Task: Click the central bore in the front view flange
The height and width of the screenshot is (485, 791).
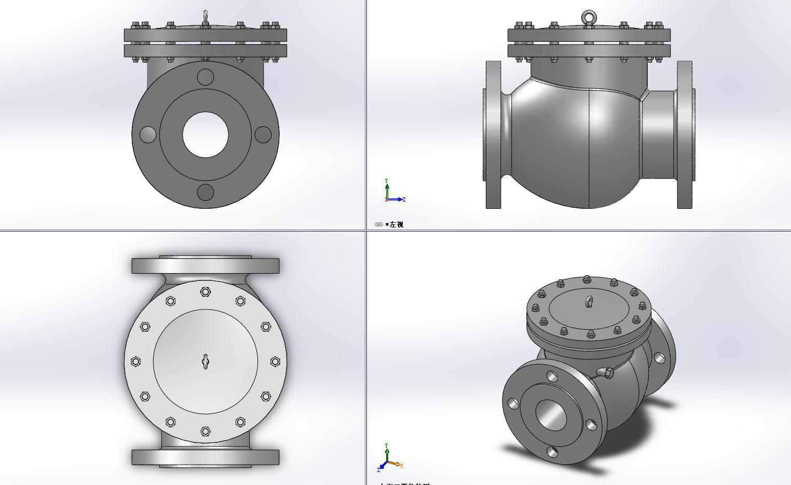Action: click(x=206, y=134)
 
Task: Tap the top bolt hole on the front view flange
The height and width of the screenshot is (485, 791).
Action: click(x=206, y=77)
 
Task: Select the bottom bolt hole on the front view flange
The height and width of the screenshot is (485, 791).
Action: click(x=206, y=192)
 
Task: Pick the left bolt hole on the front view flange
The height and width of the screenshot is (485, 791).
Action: click(x=148, y=134)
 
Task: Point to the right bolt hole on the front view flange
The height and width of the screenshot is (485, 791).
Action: click(x=263, y=134)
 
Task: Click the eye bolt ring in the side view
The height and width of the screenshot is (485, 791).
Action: click(x=589, y=18)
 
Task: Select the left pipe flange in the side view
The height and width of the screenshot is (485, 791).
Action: click(x=493, y=135)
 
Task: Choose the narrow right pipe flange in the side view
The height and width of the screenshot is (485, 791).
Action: click(x=685, y=135)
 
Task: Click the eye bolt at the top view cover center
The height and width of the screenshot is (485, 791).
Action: click(x=206, y=361)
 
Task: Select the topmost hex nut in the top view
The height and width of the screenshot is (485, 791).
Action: click(x=206, y=292)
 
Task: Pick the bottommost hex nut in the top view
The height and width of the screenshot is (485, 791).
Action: click(x=206, y=432)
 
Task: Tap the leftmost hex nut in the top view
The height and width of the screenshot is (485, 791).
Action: click(x=136, y=361)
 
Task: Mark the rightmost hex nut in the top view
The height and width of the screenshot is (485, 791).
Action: click(x=275, y=361)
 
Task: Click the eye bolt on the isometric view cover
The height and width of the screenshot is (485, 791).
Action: click(x=589, y=301)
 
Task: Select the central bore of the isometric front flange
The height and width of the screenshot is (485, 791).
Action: click(x=550, y=415)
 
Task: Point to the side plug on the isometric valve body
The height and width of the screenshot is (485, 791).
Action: click(x=605, y=372)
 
